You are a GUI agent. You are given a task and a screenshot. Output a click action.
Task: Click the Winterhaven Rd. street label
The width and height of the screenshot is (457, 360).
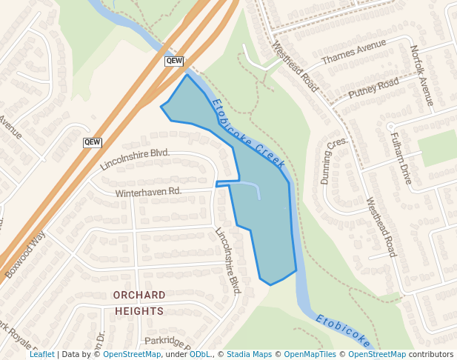[148, 192]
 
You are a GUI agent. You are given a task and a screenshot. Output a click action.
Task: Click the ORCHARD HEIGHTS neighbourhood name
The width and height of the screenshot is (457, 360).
[139, 303]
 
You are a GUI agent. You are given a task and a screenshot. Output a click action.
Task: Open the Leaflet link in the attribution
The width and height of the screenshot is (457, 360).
[41, 355]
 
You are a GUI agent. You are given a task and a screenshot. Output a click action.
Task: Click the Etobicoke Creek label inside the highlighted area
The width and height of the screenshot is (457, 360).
[243, 133]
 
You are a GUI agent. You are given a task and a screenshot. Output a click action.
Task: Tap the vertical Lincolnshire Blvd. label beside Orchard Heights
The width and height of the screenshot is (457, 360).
[228, 259]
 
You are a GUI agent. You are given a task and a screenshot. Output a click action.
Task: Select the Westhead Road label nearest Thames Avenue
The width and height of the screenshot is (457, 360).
[295, 67]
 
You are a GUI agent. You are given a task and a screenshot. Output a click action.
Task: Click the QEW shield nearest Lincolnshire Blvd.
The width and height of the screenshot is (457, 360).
[93, 141]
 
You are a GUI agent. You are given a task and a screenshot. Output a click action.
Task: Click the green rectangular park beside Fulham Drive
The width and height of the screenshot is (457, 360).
[437, 148]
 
